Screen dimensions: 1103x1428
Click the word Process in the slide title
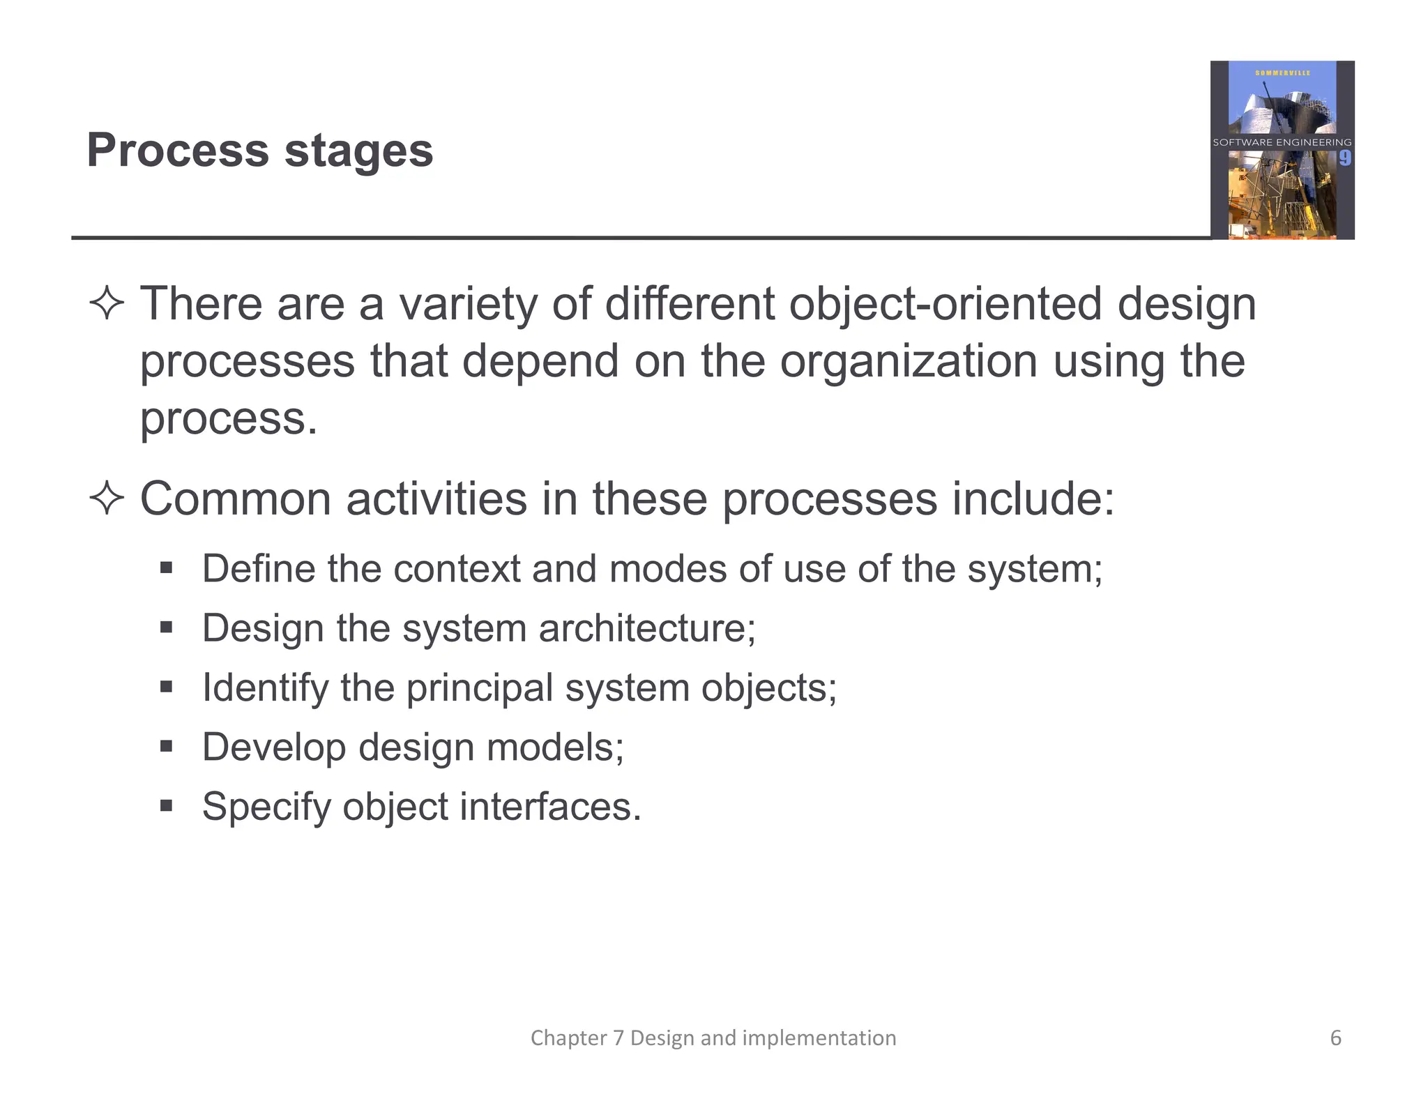(x=178, y=151)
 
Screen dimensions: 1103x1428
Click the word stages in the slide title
(x=359, y=152)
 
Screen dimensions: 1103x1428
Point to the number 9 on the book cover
(x=1344, y=159)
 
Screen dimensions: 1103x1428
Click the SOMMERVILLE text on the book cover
(x=1282, y=73)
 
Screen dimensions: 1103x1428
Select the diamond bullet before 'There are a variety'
(x=107, y=304)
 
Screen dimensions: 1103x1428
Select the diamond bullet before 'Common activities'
(x=107, y=499)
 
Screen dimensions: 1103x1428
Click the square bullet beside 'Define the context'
(x=166, y=568)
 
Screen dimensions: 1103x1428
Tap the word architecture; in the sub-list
(x=647, y=628)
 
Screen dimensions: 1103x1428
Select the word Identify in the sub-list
(x=264, y=689)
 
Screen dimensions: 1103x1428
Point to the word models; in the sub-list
(x=555, y=747)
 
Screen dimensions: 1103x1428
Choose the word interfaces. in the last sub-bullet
(x=550, y=807)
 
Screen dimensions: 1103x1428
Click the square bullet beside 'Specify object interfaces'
(x=166, y=807)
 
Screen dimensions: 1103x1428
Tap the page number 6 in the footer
(x=1335, y=1038)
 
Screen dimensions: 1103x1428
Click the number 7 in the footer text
(x=618, y=1038)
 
